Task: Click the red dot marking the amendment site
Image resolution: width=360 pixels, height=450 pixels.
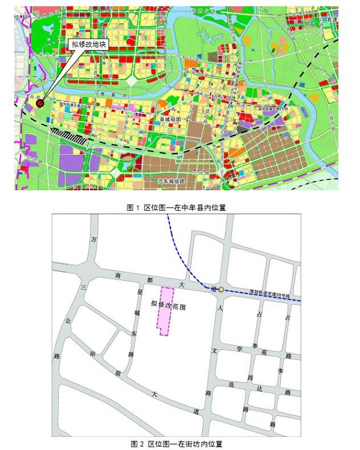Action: (40, 103)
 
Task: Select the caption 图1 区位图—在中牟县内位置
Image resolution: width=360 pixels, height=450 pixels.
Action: (180, 206)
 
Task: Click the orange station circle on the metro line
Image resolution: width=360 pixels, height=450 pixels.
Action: (221, 290)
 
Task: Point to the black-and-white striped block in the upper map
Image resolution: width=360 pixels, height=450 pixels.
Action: (67, 134)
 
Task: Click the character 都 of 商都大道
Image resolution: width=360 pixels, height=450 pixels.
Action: (149, 281)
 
